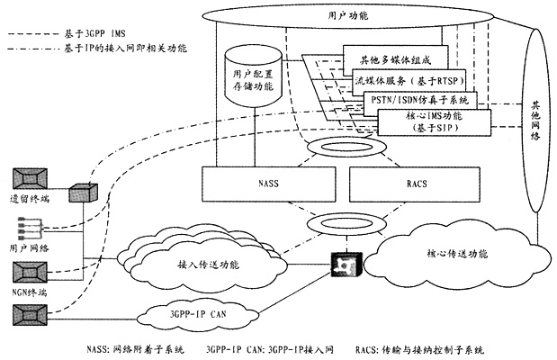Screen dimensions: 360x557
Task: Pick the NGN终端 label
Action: coord(30,290)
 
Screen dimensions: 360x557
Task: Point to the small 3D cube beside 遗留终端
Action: coord(79,191)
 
